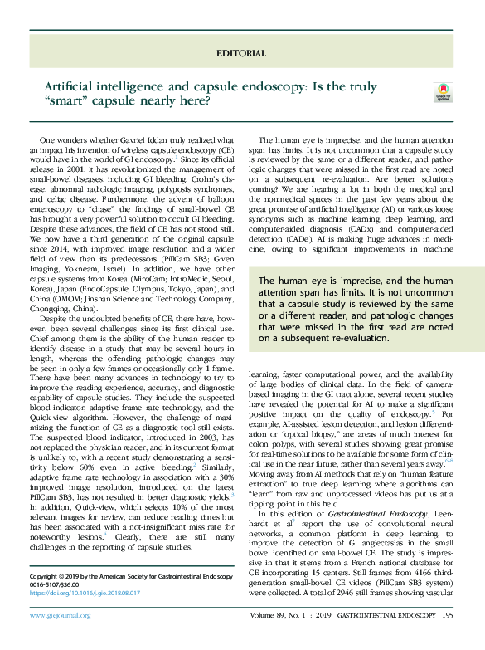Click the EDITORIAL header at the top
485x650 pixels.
tap(241, 53)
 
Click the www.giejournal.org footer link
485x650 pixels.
tap(61, 638)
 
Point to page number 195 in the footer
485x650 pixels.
tap(448, 638)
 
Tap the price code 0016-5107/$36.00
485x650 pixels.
tap(59, 584)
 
